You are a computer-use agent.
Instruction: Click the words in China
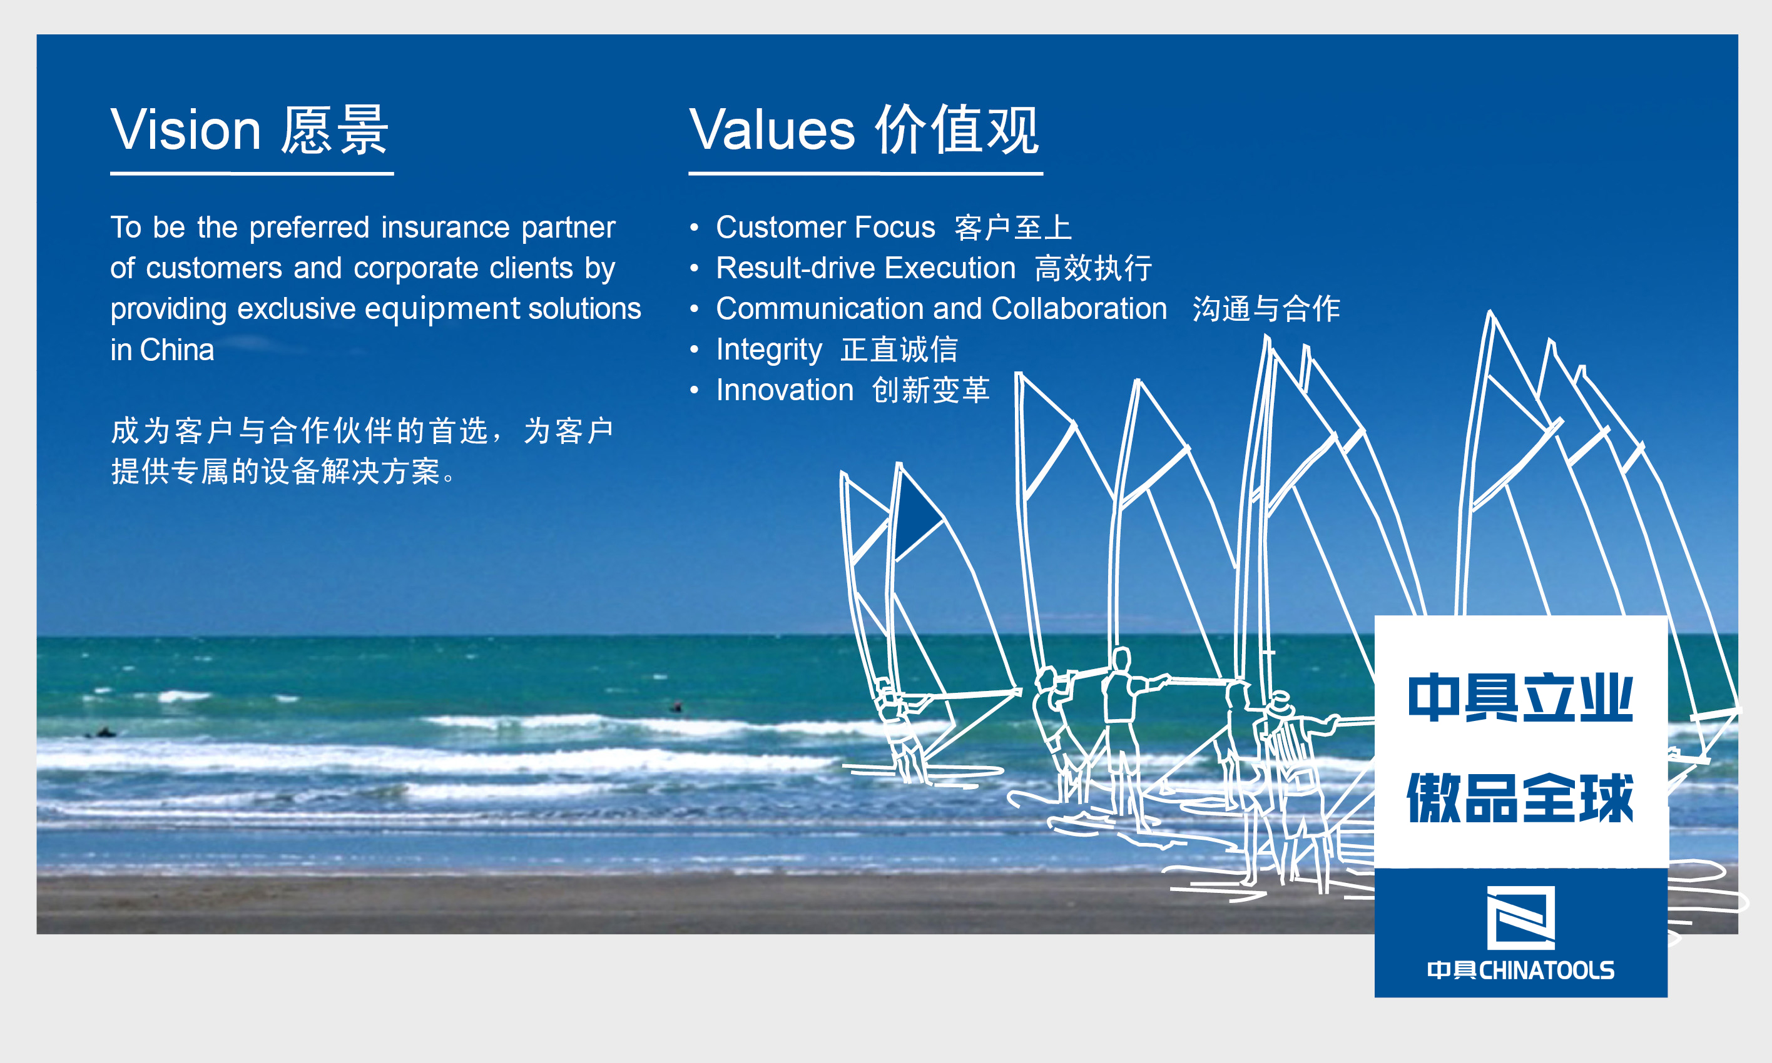tap(162, 350)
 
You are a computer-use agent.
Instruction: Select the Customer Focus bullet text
tap(825, 227)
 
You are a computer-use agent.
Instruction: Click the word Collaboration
tap(1080, 309)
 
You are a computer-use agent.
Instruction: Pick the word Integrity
tap(769, 350)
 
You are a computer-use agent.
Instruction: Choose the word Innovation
tap(785, 390)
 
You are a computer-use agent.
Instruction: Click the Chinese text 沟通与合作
tap(1266, 309)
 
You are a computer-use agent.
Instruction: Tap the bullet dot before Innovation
tap(694, 390)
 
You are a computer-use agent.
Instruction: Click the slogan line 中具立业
tap(1520, 697)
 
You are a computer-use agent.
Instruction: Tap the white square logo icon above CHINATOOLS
tap(1520, 917)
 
